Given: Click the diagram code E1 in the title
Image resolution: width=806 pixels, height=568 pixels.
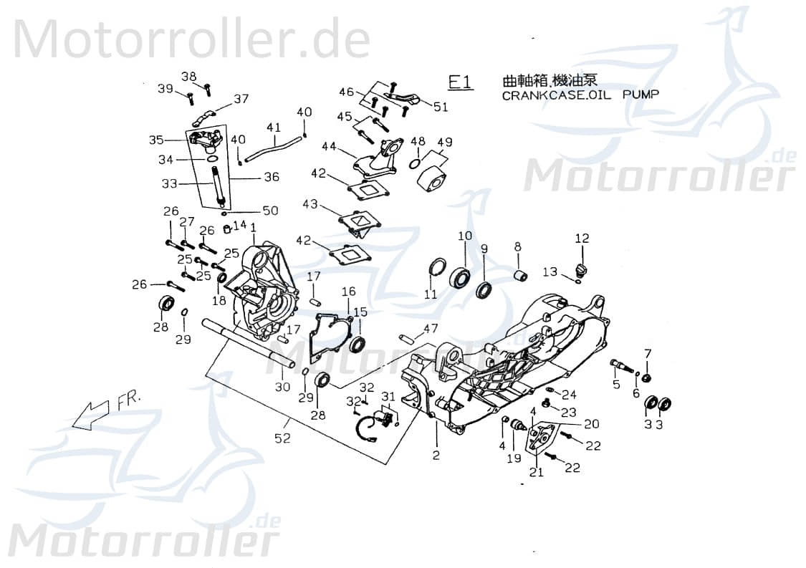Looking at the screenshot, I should [x=461, y=82].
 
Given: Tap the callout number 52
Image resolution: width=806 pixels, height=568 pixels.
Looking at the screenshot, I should [x=284, y=438].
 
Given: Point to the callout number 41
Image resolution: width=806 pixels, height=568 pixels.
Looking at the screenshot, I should [x=273, y=127].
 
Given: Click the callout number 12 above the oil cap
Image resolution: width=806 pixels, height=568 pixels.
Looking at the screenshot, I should [x=582, y=238].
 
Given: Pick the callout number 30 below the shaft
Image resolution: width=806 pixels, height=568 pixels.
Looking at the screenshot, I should [x=283, y=387].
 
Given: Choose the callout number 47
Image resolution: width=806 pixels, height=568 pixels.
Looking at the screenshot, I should [x=430, y=328].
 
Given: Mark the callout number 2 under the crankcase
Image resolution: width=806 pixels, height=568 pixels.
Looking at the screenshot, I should [x=436, y=455].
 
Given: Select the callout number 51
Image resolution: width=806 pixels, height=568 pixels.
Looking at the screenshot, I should [x=441, y=107].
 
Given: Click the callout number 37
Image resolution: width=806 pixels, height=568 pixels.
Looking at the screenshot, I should [x=241, y=99].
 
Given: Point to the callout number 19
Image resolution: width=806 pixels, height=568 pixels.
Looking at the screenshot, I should [x=513, y=458].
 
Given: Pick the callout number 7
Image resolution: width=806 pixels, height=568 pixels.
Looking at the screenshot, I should [x=648, y=353].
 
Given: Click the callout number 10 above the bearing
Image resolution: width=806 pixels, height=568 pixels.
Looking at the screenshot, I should [x=465, y=236].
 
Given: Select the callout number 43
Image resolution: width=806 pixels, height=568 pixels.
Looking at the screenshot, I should [x=310, y=204].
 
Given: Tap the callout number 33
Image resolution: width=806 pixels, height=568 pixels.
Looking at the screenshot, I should [x=169, y=183].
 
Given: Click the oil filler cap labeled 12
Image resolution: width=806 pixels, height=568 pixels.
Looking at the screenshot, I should [x=581, y=270].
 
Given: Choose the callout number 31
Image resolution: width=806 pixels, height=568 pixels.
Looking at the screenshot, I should [x=388, y=397].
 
